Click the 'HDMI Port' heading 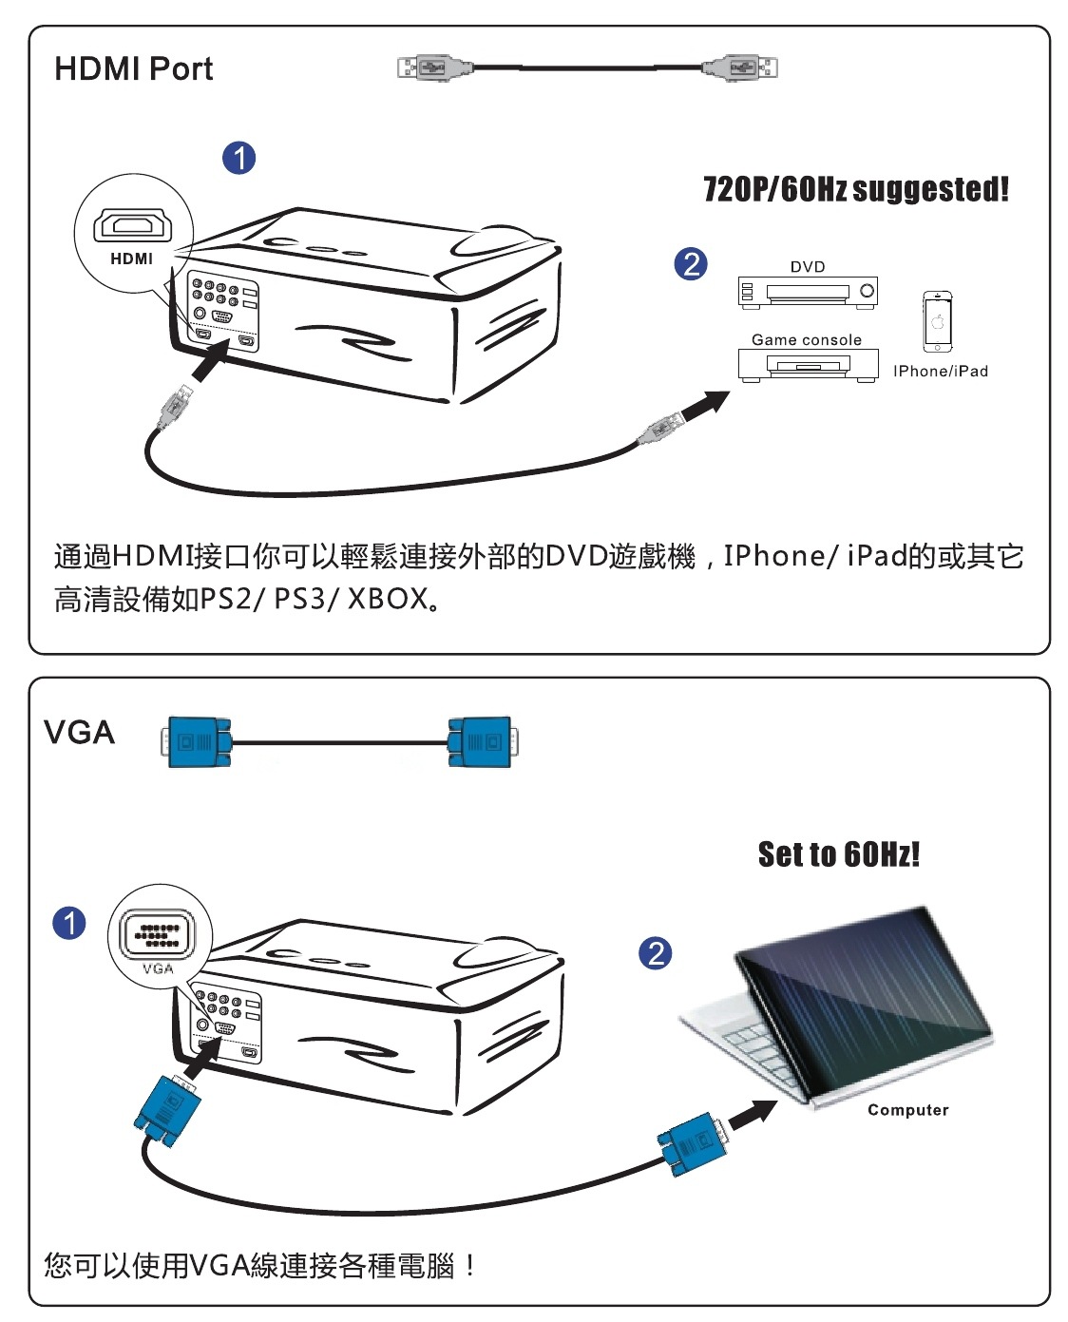coord(133,69)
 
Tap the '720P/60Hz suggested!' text coord(855,189)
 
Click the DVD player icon coord(808,292)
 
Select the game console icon coord(808,365)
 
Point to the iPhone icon coord(937,322)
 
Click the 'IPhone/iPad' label coord(940,372)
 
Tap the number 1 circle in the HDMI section coord(239,158)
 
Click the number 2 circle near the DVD coord(691,263)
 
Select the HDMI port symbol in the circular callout coord(132,226)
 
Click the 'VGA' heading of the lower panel coord(80,733)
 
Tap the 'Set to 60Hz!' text coord(838,854)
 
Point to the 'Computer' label coord(907,1110)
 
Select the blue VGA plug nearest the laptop coord(692,1143)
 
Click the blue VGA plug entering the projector coord(168,1109)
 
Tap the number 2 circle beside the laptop coord(656,953)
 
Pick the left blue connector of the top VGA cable coord(198,742)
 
